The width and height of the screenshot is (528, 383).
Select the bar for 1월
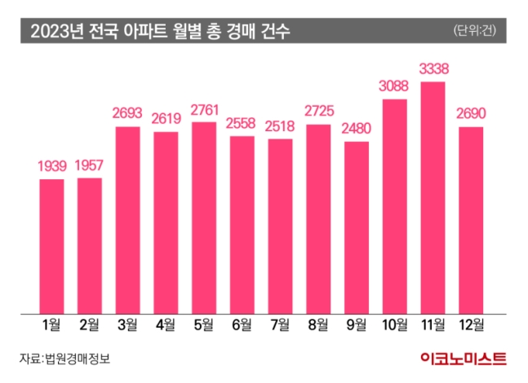tap(51, 245)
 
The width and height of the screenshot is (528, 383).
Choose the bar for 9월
tap(357, 227)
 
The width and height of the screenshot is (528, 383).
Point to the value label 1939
tap(51, 166)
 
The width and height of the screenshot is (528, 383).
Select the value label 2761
tap(204, 109)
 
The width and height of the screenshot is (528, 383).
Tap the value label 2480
tap(357, 129)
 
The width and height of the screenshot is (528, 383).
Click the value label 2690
tap(472, 114)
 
